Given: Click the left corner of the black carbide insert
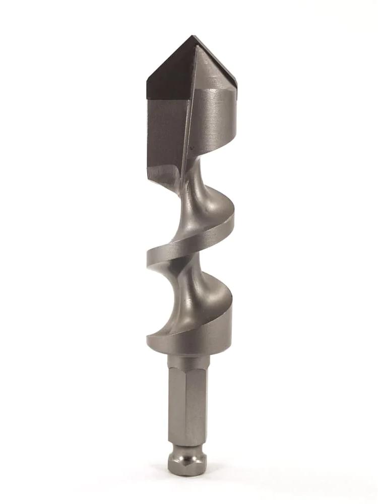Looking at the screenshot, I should pyautogui.click(x=147, y=81).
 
